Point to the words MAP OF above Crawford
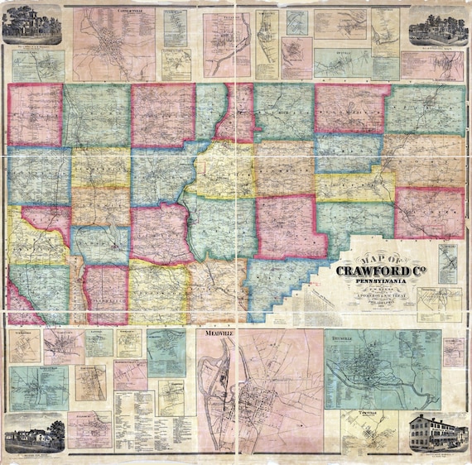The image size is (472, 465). (372, 252)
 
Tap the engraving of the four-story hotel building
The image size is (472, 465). (436, 431)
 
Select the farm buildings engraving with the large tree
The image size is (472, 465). (34, 430)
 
